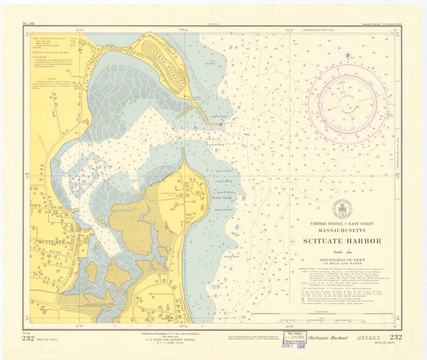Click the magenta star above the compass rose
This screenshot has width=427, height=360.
[x=347, y=55]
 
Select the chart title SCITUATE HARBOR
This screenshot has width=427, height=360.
[x=341, y=241]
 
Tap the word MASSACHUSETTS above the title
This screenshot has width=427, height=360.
[x=341, y=230]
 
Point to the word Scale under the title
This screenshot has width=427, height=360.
[x=338, y=251]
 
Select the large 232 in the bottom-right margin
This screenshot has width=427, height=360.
[x=395, y=337]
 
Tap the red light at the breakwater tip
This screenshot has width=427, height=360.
[x=220, y=124]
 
